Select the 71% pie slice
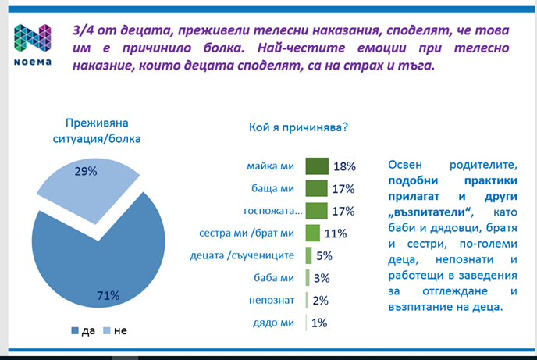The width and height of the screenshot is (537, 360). coord(94,258)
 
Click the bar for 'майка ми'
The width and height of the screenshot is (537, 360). coord(317,166)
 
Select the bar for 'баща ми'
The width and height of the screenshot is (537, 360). coord(316,188)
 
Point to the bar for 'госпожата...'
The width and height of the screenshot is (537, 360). coord(316,210)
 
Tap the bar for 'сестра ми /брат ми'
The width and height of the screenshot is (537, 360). coord(312,233)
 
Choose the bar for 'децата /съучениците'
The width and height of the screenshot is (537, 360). coord(309,255)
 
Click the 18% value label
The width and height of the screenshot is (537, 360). coord(345,166)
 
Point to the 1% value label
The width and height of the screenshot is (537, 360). coord(319,323)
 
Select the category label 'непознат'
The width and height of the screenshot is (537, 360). coord(271,300)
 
